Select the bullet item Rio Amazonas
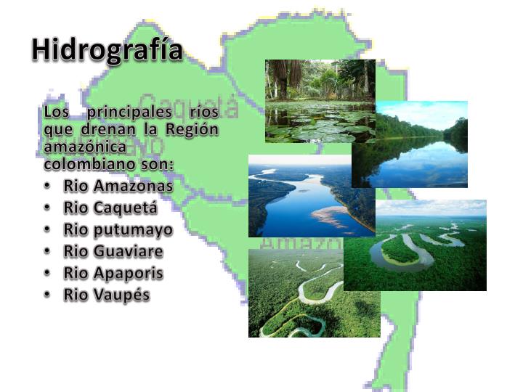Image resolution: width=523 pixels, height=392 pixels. coord(118,186)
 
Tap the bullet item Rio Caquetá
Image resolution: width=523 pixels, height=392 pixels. coord(110,208)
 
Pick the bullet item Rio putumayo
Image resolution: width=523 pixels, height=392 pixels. coord(118,229)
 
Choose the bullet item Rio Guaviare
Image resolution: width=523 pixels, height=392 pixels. coord(113,251)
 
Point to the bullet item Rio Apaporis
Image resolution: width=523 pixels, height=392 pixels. coord(113,273)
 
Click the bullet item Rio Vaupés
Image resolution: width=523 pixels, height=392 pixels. coord(106,295)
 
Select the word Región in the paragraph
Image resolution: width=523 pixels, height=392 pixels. coord(192,129)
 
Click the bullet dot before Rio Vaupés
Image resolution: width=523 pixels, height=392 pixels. coord(47,295)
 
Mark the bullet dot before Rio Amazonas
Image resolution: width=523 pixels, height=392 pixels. coord(47,186)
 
